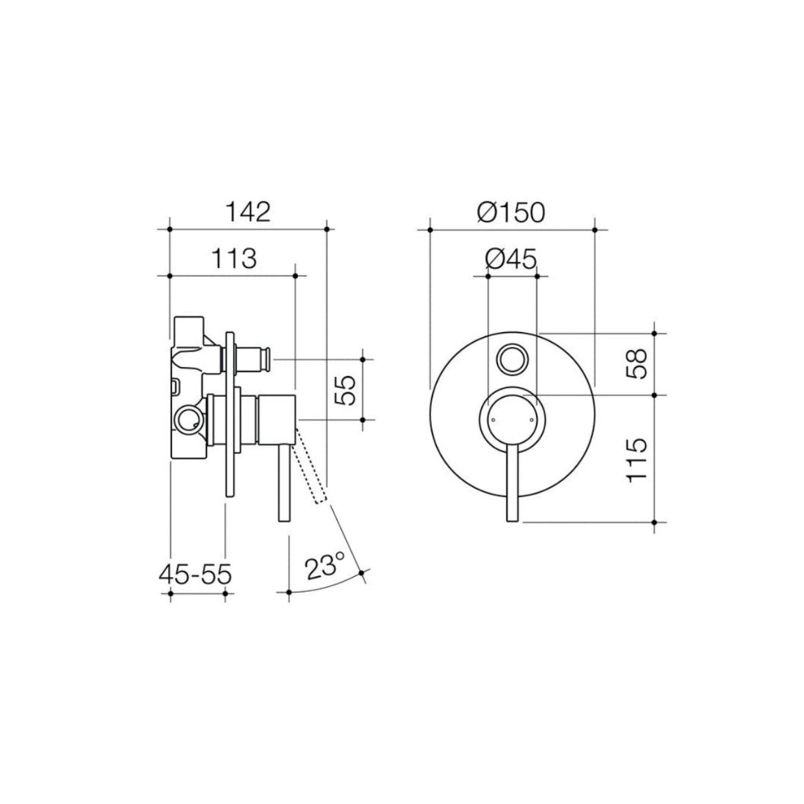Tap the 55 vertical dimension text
point(345,389)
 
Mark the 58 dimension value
point(637,363)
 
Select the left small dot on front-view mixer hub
point(492,421)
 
